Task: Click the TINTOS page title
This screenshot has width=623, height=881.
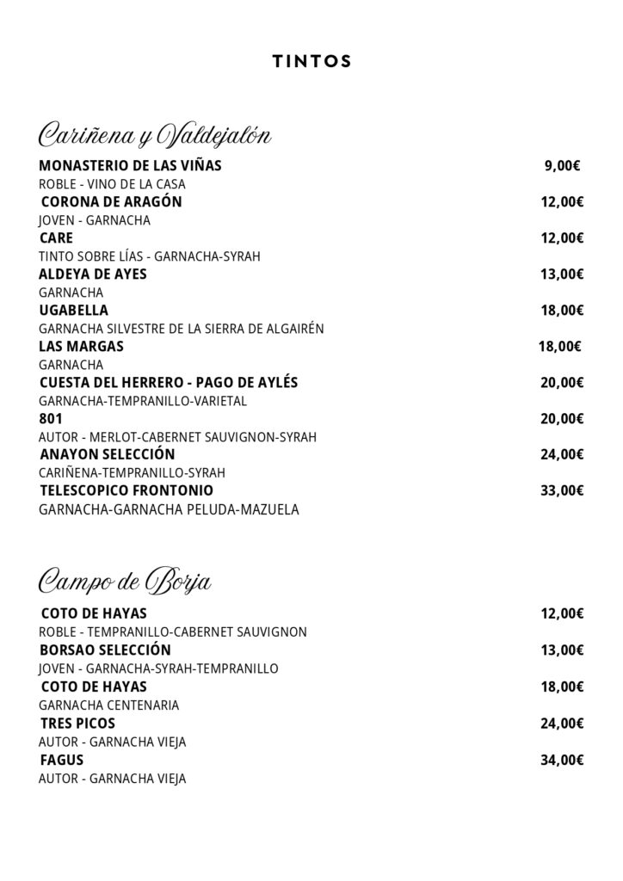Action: pyautogui.click(x=311, y=61)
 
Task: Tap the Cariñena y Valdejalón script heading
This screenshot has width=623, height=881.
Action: pyautogui.click(x=155, y=135)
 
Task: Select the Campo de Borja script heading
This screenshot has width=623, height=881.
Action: pyautogui.click(x=126, y=582)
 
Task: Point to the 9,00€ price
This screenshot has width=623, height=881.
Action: pyautogui.click(x=562, y=166)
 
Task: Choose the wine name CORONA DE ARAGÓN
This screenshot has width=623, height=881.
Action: pyautogui.click(x=112, y=202)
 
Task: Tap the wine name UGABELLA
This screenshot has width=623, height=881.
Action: pyautogui.click(x=74, y=311)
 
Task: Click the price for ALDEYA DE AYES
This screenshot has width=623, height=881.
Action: pyautogui.click(x=562, y=274)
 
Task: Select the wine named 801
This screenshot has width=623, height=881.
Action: pyautogui.click(x=52, y=419)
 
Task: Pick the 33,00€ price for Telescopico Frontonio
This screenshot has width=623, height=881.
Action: pyautogui.click(x=562, y=491)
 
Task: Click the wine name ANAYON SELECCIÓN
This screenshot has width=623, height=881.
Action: pyautogui.click(x=108, y=454)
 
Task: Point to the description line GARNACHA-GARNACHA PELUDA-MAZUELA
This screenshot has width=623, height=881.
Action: pyautogui.click(x=169, y=509)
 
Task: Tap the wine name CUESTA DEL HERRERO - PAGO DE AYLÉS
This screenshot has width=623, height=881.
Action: pyautogui.click(x=169, y=382)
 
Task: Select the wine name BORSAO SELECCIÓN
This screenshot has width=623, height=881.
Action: pyautogui.click(x=105, y=650)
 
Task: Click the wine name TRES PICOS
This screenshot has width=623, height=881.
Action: pyautogui.click(x=77, y=724)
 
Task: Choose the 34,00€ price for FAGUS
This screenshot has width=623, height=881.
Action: pyautogui.click(x=562, y=760)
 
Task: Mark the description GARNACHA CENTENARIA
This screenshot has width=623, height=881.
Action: pyautogui.click(x=109, y=705)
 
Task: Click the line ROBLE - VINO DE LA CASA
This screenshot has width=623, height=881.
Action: pyautogui.click(x=113, y=184)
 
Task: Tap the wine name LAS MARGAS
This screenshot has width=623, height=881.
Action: pyautogui.click(x=82, y=347)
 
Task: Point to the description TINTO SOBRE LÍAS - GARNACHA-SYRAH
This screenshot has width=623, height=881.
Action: pyautogui.click(x=150, y=256)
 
